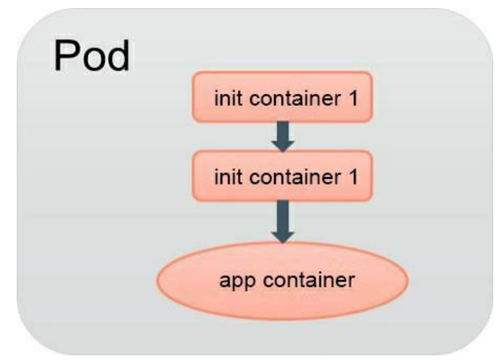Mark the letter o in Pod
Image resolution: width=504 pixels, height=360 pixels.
92,60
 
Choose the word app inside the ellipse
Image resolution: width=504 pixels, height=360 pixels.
234,281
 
